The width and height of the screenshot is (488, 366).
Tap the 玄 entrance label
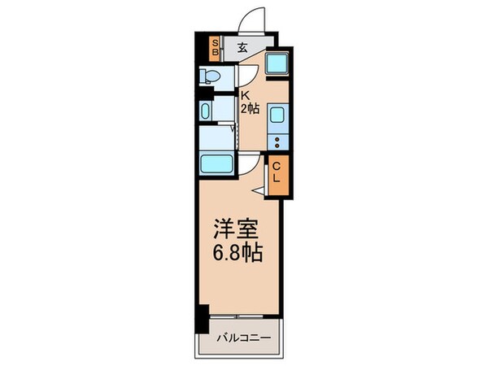tap(242, 47)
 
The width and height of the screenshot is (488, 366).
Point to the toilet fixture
tap(210, 77)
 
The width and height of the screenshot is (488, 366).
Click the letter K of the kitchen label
tap(242, 94)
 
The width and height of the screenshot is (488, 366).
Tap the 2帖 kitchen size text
tap(249, 108)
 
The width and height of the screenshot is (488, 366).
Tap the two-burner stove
tap(276, 142)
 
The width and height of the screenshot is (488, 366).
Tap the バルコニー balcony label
tap(242, 336)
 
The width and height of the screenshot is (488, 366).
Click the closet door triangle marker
tap(259, 190)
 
